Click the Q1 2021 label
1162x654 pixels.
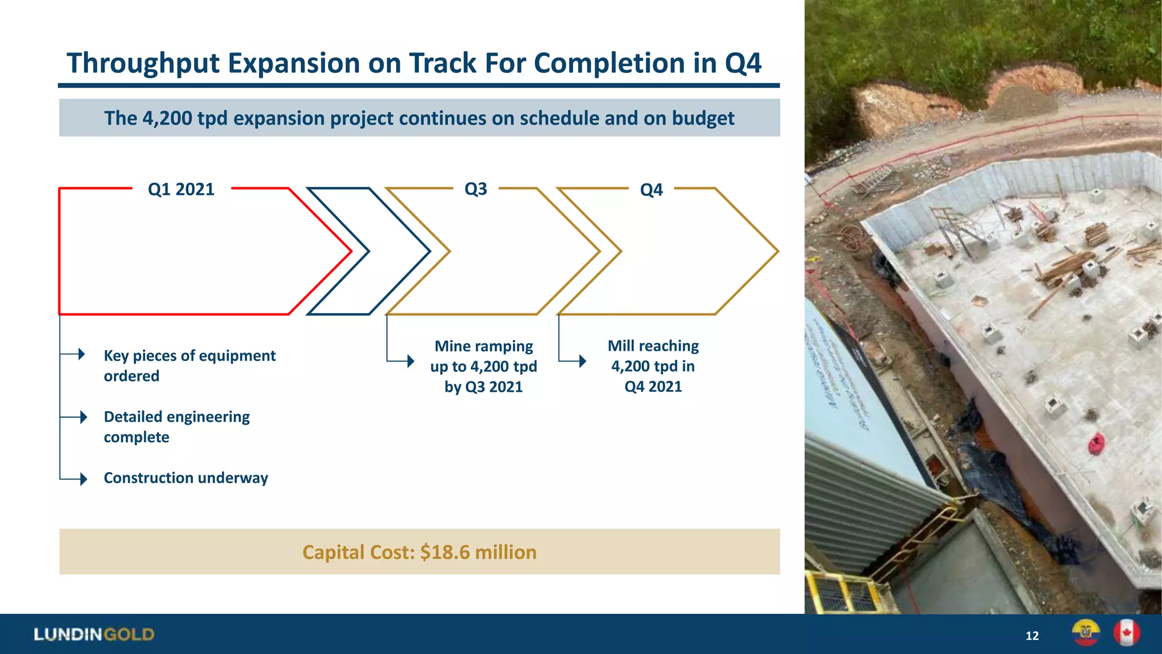point(181,189)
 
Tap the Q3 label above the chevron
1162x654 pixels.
point(475,188)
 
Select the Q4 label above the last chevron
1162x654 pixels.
point(651,190)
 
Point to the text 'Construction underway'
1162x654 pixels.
point(186,478)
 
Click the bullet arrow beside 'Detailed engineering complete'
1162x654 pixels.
point(82,417)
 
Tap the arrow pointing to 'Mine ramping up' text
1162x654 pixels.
point(410,360)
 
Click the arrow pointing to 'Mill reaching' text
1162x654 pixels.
point(582,360)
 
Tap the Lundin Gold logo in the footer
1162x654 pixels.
point(94,634)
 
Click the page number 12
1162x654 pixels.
point(1032,636)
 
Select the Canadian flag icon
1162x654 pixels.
point(1126,633)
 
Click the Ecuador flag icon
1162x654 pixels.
point(1085,633)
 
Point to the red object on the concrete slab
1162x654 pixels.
point(1096,443)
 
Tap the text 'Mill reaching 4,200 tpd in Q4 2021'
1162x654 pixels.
point(653,366)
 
